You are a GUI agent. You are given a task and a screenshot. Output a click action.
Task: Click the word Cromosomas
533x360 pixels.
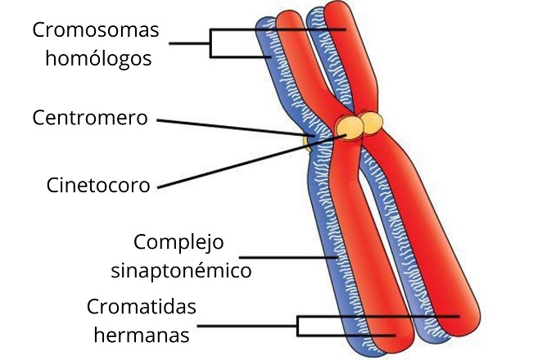click(96, 30)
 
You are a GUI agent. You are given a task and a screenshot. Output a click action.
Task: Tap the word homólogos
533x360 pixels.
click(98, 59)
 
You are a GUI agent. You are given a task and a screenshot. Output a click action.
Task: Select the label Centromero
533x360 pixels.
click(90, 118)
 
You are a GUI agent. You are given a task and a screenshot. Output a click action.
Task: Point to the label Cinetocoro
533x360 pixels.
click(99, 185)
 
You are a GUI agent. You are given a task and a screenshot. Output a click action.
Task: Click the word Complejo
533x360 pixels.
click(178, 242)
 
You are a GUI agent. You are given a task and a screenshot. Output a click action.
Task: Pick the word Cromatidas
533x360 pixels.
click(141, 308)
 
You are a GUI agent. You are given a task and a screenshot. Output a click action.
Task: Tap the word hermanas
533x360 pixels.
click(142, 335)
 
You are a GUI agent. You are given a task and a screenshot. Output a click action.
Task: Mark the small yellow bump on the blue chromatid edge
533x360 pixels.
click(306, 144)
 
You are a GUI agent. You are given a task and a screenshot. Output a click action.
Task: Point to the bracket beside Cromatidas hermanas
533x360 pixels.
click(299, 326)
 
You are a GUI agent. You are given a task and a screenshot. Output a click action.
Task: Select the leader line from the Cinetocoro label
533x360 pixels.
click(246, 164)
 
